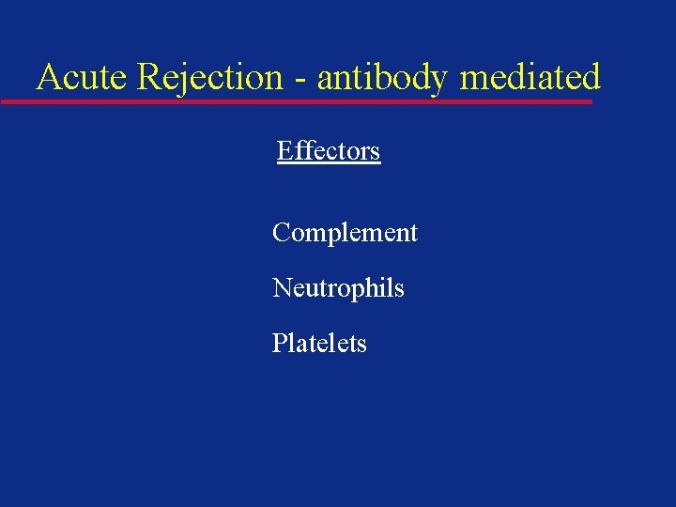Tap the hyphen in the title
coord(300,79)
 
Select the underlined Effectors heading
coord(329,151)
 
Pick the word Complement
coord(345,232)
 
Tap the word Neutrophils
coord(338,288)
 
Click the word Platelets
coord(319,344)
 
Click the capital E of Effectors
coord(284,151)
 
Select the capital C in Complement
coord(281,232)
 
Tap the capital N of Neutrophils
coord(282,288)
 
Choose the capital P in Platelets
coord(279,344)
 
